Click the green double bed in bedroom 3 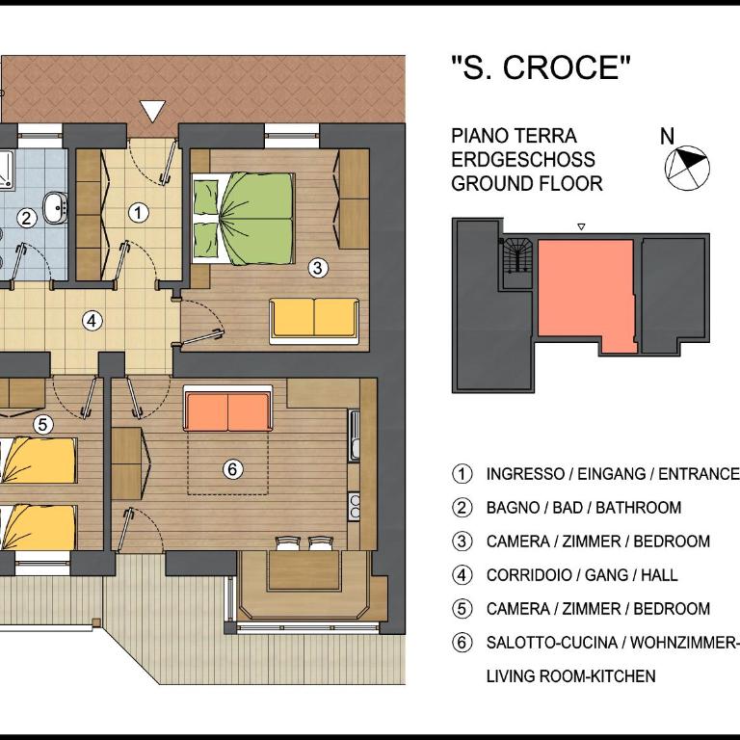pyautogui.click(x=243, y=218)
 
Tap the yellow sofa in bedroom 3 pyautogui.click(x=314, y=321)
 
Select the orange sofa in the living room pyautogui.click(x=228, y=409)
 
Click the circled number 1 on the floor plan pyautogui.click(x=139, y=212)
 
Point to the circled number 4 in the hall pyautogui.click(x=92, y=322)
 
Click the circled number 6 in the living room pyautogui.click(x=232, y=469)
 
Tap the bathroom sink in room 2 pyautogui.click(x=55, y=207)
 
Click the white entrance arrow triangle pyautogui.click(x=153, y=111)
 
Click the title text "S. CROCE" pyautogui.click(x=541, y=67)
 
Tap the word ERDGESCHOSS pyautogui.click(x=523, y=160)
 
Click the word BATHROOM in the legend pyautogui.click(x=638, y=508)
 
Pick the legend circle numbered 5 pyautogui.click(x=462, y=609)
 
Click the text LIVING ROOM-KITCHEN pyautogui.click(x=571, y=676)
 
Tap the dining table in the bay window pyautogui.click(x=304, y=570)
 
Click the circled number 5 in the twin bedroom pyautogui.click(x=43, y=425)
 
